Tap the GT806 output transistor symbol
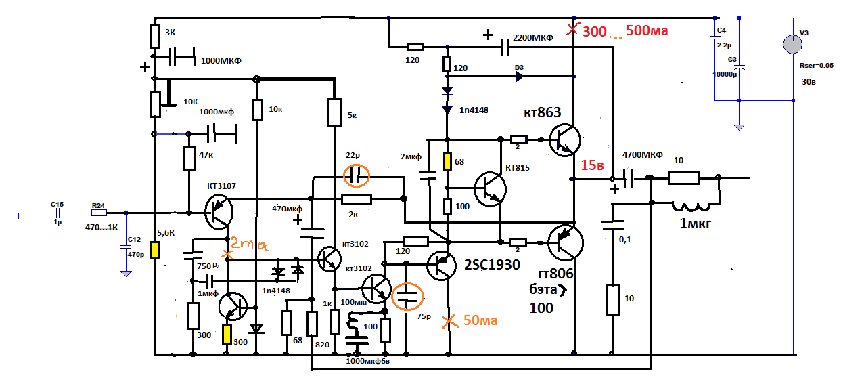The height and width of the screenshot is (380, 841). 564,242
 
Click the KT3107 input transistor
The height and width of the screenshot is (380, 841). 219,211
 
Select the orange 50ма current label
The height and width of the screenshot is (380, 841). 480,320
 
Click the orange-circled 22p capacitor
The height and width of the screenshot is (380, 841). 357,177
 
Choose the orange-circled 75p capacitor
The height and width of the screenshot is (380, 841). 407,295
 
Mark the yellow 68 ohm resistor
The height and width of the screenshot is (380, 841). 447,162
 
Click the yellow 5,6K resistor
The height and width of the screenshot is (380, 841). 155,250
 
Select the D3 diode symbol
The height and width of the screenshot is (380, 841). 519,77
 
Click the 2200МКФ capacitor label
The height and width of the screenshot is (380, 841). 533,38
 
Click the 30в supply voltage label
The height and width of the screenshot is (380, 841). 809,83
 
